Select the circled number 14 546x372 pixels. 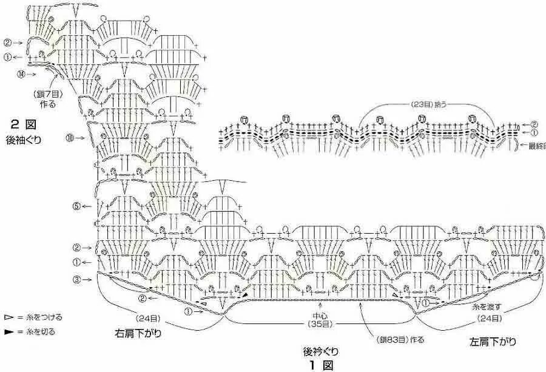point(22,73)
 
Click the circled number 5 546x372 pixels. point(76,206)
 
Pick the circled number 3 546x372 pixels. point(76,279)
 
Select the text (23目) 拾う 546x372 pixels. point(427,104)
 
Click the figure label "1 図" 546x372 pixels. point(320,365)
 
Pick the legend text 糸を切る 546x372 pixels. point(39,332)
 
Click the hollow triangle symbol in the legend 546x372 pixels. point(8,317)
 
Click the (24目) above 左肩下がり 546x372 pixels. point(489,318)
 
